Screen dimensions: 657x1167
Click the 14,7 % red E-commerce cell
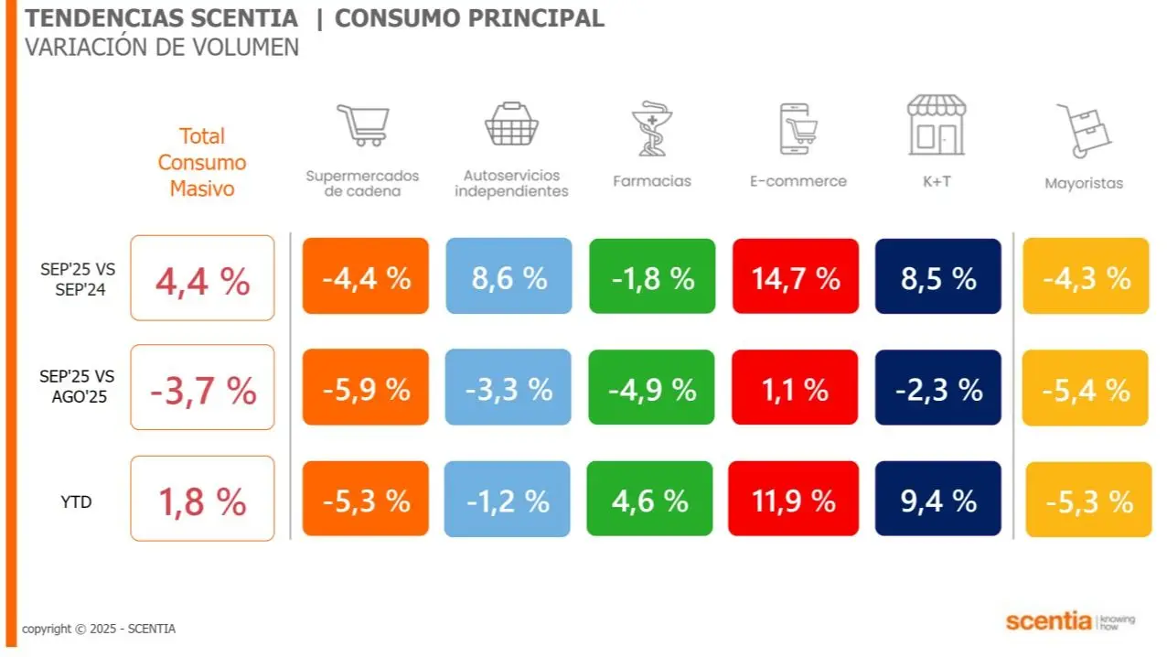(x=795, y=276)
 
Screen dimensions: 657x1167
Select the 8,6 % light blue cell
(x=509, y=276)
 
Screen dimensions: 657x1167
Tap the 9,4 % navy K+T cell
(x=937, y=499)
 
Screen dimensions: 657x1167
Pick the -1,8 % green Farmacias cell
(x=651, y=276)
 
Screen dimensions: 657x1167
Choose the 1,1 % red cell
(x=795, y=388)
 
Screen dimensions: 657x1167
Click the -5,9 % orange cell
(x=365, y=388)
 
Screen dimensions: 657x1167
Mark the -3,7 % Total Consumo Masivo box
(x=202, y=388)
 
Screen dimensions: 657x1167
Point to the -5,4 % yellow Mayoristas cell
(x=1085, y=388)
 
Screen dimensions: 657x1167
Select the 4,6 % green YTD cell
(x=649, y=499)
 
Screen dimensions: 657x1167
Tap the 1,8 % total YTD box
(x=202, y=499)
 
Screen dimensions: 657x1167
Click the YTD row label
(x=78, y=501)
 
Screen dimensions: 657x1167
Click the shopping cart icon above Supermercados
(x=362, y=126)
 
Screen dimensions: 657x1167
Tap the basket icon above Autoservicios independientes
(x=511, y=125)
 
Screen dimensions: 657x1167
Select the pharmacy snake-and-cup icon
(x=651, y=128)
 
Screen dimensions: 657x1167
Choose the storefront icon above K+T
(x=937, y=125)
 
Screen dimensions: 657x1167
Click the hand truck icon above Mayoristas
(x=1084, y=130)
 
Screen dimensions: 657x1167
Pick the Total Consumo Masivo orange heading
(x=202, y=162)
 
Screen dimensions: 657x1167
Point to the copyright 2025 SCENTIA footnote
(x=99, y=629)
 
